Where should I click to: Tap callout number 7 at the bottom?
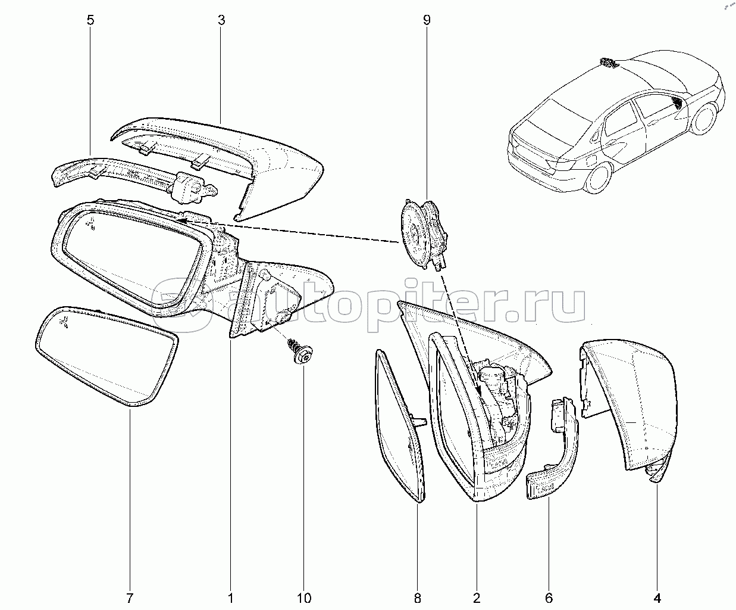pos(130,597)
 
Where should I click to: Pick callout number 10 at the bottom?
pos(304,597)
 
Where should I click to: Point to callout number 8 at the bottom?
pos(417,597)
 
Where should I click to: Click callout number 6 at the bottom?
pos(549,597)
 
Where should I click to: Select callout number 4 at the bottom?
pos(657,597)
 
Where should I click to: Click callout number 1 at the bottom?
pos(231,597)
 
